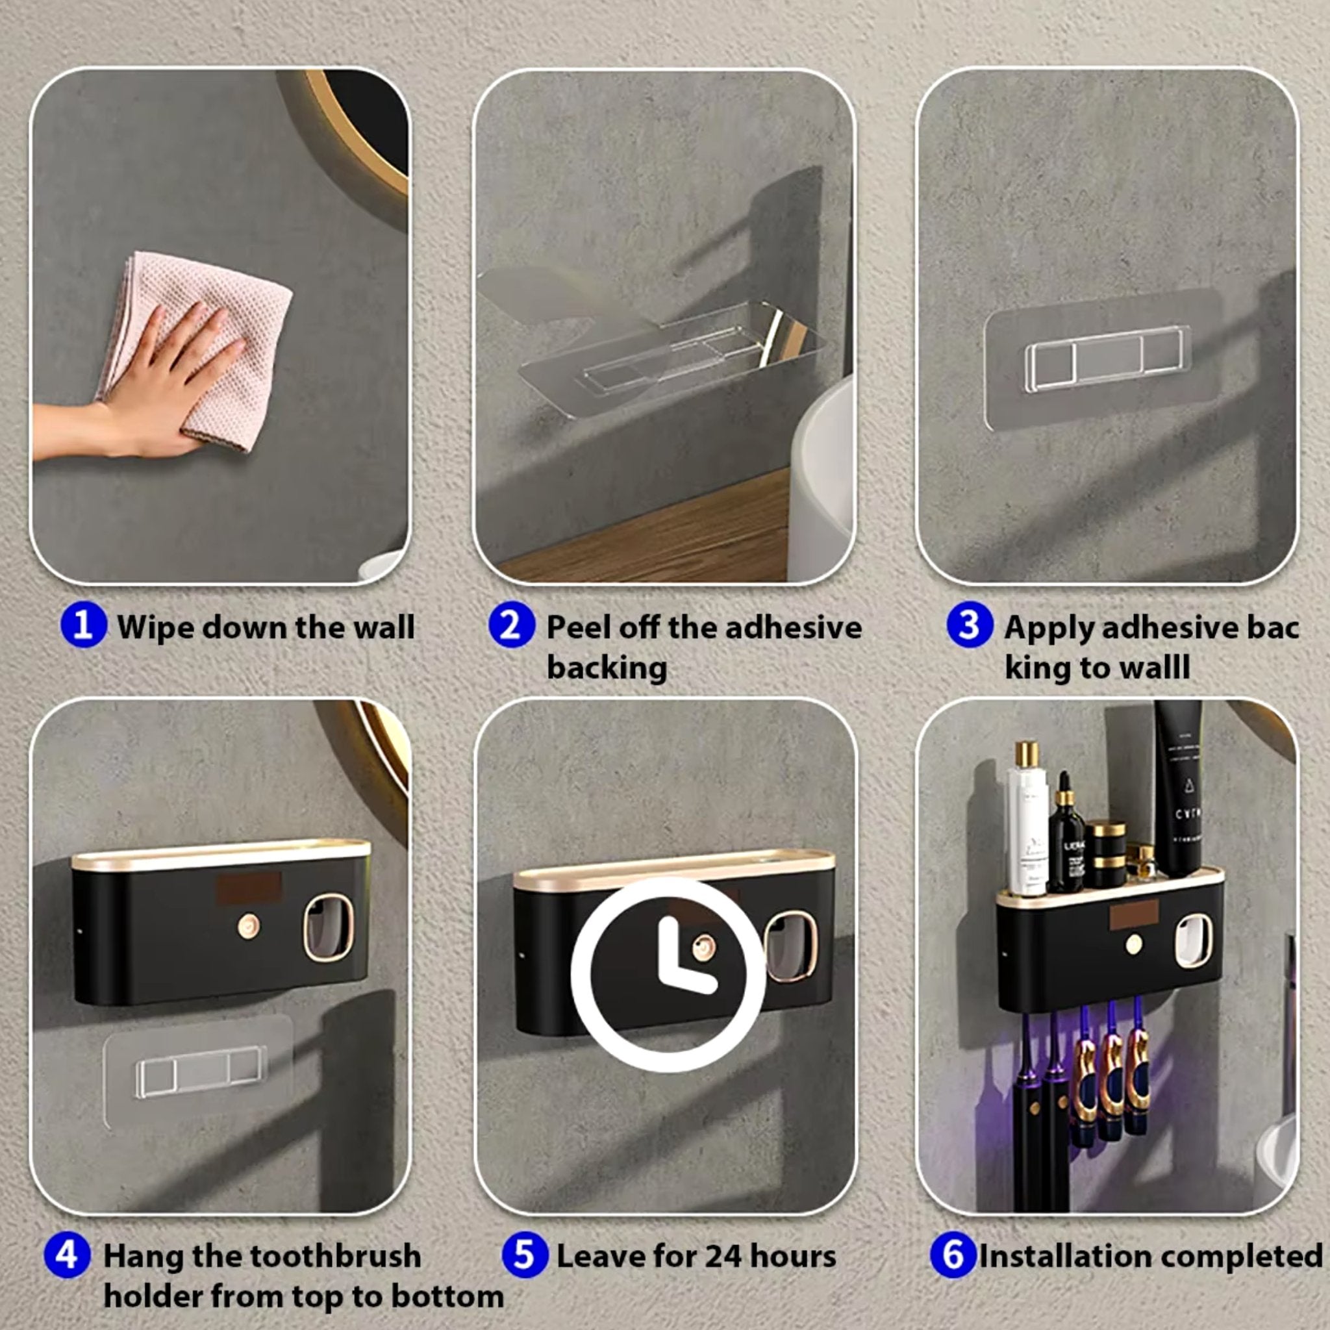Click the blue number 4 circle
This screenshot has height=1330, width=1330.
tap(67, 1254)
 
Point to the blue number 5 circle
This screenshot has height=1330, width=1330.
tap(525, 1254)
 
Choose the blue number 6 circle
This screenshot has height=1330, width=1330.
tap(953, 1254)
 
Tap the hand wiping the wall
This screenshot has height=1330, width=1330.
tap(158, 386)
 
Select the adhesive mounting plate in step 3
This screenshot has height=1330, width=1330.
tap(1101, 358)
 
